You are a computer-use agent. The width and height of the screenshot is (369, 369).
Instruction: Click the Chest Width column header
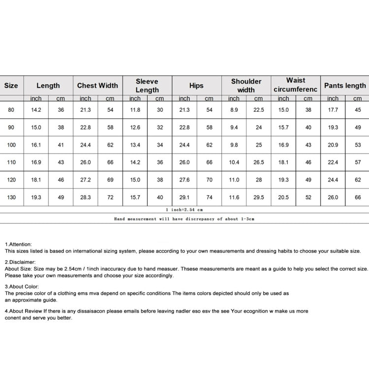coord(97,85)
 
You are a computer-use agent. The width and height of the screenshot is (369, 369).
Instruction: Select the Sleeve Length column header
coord(147,85)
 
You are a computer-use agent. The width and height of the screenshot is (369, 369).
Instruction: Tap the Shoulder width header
coord(246,85)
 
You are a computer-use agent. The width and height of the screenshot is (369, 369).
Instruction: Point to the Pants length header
coord(345,85)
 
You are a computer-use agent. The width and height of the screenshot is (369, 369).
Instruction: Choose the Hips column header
coord(196,85)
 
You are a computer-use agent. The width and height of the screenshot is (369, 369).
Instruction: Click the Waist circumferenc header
coord(296,85)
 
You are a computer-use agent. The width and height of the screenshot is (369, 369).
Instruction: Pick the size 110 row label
coord(11,162)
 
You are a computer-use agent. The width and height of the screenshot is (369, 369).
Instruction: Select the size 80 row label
coord(11,110)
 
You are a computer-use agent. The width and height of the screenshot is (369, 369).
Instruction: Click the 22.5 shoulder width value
coord(258,110)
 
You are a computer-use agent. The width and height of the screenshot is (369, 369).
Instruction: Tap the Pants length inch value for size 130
coord(333,197)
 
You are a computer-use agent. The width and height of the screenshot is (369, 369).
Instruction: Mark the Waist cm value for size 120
coord(308,180)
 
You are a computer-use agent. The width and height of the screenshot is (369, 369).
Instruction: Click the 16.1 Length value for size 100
coord(36,145)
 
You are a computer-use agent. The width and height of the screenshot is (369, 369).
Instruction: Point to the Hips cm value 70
coord(209,180)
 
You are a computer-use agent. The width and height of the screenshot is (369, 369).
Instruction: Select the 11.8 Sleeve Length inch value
coord(135,110)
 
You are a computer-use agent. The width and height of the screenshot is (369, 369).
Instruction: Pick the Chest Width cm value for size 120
coord(110,180)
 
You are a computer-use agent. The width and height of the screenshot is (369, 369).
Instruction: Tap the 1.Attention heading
coord(18,244)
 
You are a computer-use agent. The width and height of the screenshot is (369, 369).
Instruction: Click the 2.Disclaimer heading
coord(20,262)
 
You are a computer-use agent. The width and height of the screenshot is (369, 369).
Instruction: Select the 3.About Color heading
coord(22,286)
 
